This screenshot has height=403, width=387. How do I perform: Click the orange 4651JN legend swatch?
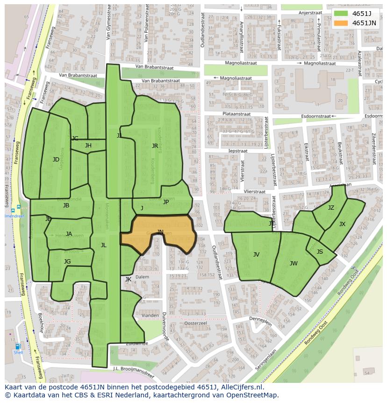click(341, 23)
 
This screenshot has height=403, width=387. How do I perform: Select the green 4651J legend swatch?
click(341, 14)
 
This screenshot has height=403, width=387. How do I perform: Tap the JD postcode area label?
click(56, 160)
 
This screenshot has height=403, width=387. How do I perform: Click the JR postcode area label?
click(155, 146)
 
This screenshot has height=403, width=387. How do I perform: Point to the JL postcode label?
click(103, 245)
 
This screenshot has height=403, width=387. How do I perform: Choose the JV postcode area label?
click(256, 255)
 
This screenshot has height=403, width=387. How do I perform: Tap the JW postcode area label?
click(294, 264)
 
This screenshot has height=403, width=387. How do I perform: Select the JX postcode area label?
click(342, 224)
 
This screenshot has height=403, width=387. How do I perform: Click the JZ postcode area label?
click(331, 208)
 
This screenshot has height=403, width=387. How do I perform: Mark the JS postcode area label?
click(320, 252)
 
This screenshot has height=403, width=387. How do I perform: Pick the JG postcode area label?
click(67, 262)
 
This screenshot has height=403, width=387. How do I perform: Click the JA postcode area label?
click(69, 234)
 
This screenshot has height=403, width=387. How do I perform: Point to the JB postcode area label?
click(66, 205)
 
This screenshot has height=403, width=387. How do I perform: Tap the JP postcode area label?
click(166, 202)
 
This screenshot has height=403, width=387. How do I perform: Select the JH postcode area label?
click(88, 146)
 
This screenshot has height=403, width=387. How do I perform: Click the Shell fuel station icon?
click(18, 347)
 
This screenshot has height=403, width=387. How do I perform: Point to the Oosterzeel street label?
click(196, 323)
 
